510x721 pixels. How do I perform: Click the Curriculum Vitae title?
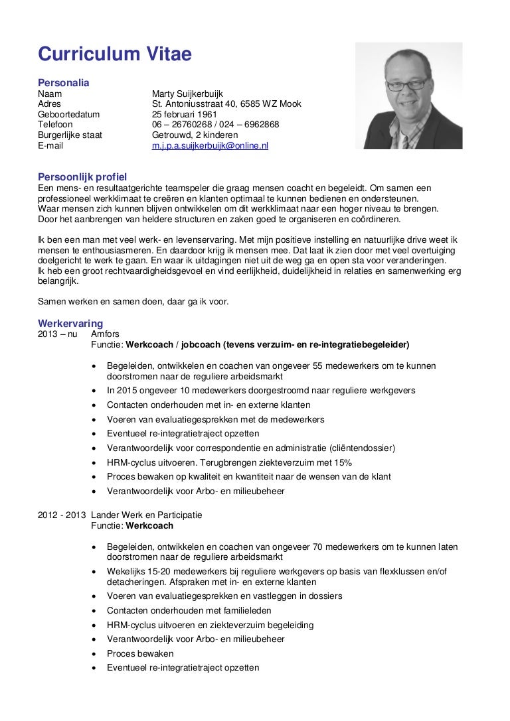pyautogui.click(x=114, y=54)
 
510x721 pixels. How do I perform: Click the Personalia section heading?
pyautogui.click(x=63, y=83)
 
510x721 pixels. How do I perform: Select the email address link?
pyautogui.click(x=210, y=145)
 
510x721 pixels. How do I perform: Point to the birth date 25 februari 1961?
pyautogui.click(x=185, y=114)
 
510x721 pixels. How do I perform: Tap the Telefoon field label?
pyautogui.click(x=55, y=124)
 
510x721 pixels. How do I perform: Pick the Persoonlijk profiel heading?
pyautogui.click(x=82, y=176)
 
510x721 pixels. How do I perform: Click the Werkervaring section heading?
pyautogui.click(x=70, y=324)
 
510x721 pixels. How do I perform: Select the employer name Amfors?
pyautogui.click(x=105, y=334)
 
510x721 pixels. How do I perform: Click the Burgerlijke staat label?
pyautogui.click(x=70, y=135)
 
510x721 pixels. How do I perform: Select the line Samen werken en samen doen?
pyautogui.click(x=133, y=301)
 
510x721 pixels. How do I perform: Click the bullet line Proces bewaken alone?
pyautogui.click(x=140, y=653)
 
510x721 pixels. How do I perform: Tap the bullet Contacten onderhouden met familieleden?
pyautogui.click(x=189, y=610)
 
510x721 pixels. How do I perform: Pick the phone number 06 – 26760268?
pyautogui.click(x=180, y=124)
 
